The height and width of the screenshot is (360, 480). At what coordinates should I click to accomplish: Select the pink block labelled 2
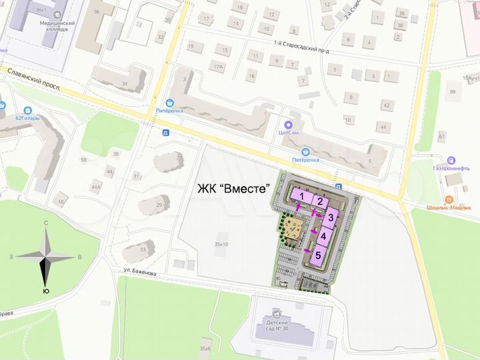click(320, 201)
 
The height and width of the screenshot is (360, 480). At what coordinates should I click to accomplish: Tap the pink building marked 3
click(330, 217)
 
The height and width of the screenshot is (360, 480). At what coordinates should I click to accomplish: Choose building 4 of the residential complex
click(323, 236)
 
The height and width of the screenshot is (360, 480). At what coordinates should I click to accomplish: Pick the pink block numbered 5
click(318, 255)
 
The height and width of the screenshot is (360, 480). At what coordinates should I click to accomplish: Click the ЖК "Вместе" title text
click(233, 189)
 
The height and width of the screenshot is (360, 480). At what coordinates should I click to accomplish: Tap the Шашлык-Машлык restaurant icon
click(450, 199)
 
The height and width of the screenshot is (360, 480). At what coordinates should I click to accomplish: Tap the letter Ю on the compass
click(45, 291)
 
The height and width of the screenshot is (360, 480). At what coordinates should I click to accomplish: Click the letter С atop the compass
click(45, 223)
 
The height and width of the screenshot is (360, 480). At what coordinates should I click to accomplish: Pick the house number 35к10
click(221, 245)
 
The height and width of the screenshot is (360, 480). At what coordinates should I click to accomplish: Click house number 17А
click(218, 66)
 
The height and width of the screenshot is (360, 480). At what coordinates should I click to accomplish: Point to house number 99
click(453, 91)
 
